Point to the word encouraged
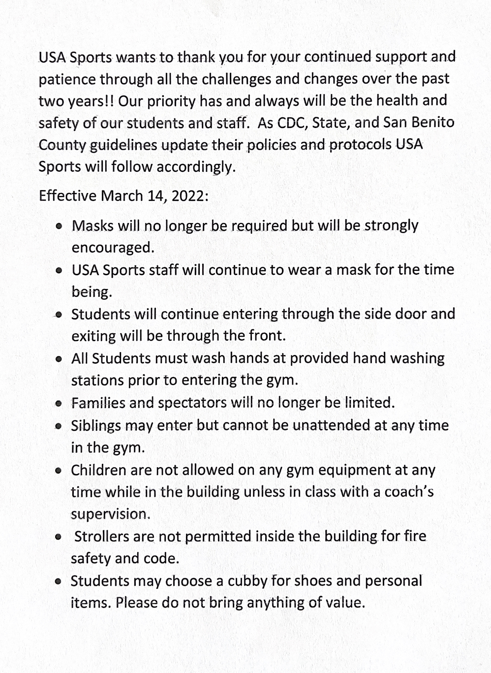113,247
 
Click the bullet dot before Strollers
59,537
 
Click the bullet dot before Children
59,470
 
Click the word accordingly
196,167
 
